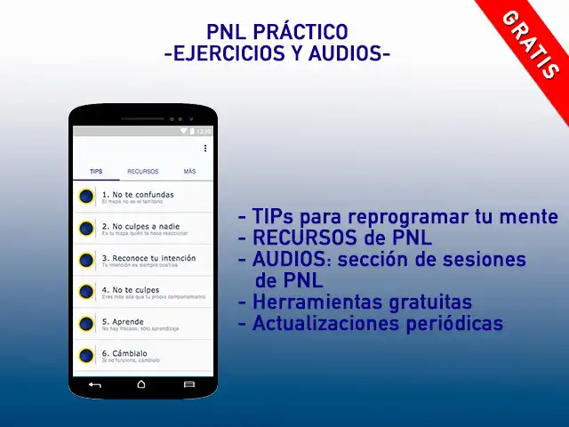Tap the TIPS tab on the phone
(x=96, y=171)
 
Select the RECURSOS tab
(x=142, y=171)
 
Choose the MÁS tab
(x=189, y=171)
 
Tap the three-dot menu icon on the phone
(x=205, y=149)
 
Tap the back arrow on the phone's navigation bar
(x=95, y=384)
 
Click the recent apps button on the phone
(x=188, y=384)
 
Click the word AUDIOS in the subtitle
(x=342, y=55)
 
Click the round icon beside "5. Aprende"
(x=86, y=324)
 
